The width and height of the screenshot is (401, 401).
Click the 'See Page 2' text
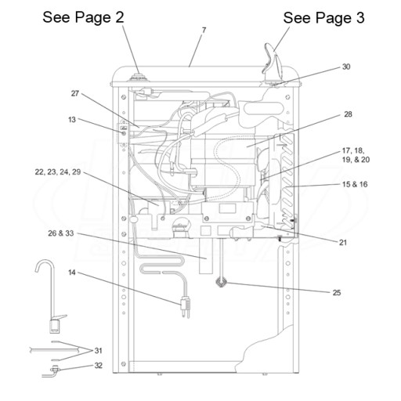(x=83, y=17)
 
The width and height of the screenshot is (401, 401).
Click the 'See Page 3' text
(x=323, y=18)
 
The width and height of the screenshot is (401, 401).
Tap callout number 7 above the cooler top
(x=204, y=31)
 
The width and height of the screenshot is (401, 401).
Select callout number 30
(x=346, y=67)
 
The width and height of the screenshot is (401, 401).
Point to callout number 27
(x=75, y=93)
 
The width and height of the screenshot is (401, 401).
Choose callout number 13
(x=72, y=120)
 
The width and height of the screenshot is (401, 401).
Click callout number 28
(x=348, y=114)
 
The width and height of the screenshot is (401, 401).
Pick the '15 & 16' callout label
(x=355, y=184)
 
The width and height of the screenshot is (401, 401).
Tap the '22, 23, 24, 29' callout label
(x=58, y=172)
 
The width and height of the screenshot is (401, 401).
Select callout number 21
(x=343, y=243)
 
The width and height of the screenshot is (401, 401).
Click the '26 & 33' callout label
(x=61, y=233)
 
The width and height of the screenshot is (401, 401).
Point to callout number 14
(x=72, y=273)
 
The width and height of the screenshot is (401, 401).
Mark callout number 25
(x=337, y=293)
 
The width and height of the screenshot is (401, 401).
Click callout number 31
(x=98, y=351)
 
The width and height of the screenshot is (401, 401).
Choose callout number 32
(x=98, y=366)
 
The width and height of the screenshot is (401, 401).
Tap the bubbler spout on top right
(x=272, y=63)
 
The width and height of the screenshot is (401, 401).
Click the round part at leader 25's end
(x=221, y=282)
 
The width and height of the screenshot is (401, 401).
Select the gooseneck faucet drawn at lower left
(x=51, y=296)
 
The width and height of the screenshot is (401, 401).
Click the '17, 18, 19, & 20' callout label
(x=356, y=155)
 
